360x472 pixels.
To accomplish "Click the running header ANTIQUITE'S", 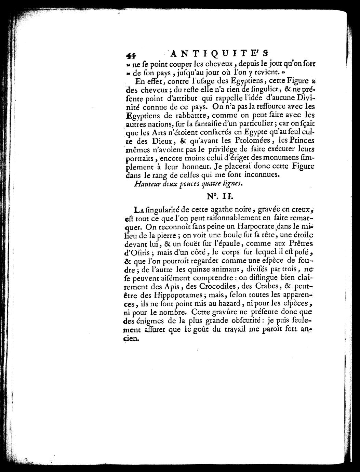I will click(219, 53).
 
